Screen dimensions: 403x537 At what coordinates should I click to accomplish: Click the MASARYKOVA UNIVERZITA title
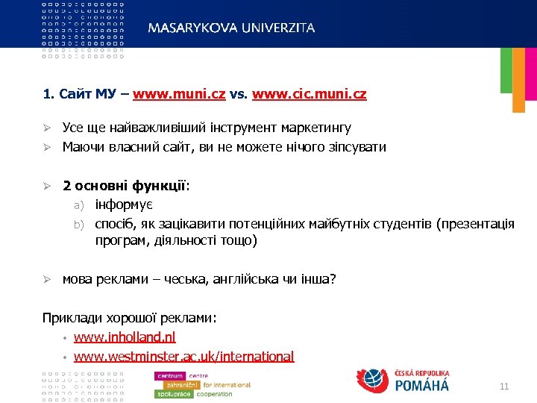tap(231, 28)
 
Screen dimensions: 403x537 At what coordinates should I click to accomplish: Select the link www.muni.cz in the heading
tap(169, 96)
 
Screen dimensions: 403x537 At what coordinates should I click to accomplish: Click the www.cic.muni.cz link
tap(310, 96)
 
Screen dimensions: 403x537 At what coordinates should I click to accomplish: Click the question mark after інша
tap(333, 279)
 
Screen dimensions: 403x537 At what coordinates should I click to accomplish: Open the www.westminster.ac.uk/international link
tap(183, 357)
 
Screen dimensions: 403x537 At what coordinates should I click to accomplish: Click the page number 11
tap(503, 386)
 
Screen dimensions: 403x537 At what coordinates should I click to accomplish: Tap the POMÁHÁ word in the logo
tap(421, 385)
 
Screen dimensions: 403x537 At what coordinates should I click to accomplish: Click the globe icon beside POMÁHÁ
tap(374, 379)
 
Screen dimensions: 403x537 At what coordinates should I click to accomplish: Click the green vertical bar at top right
tap(506, 70)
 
